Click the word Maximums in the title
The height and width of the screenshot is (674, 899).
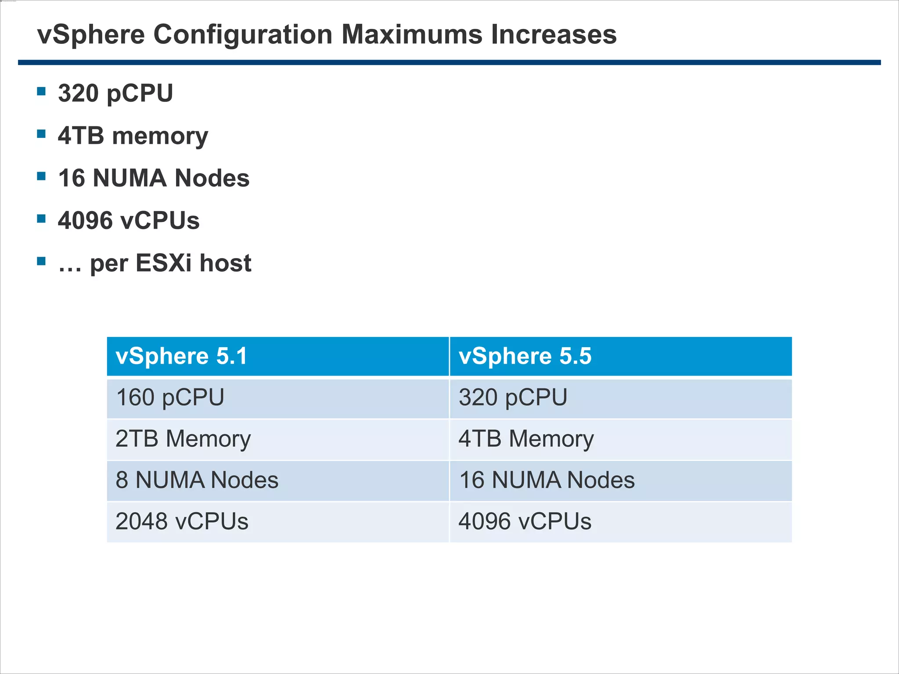point(412,34)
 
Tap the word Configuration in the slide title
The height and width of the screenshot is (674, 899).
point(243,35)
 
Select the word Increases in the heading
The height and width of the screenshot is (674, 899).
point(554,34)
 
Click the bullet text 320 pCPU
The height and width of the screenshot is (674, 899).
point(115,93)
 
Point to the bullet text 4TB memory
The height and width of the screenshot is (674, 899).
point(133,136)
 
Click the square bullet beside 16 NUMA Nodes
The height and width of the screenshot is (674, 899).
point(42,176)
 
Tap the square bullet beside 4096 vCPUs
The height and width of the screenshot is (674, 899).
point(42,219)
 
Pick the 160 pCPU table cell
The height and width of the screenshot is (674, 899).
point(278,398)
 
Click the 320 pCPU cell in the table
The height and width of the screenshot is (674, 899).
point(621,398)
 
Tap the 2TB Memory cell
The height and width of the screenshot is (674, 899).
point(278,439)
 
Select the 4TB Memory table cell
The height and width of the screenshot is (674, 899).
point(621,439)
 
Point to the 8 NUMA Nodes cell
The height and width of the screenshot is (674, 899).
point(278,480)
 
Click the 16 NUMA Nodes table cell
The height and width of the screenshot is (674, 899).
point(621,480)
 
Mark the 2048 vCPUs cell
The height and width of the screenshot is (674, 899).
point(278,521)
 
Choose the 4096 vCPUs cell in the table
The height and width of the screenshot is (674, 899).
point(621,521)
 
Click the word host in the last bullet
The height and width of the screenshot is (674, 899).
point(225,263)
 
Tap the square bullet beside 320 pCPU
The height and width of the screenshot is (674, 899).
point(42,91)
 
